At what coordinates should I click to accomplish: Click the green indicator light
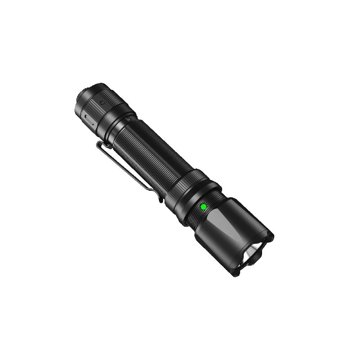(203, 207)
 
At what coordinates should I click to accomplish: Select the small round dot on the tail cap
(102, 103)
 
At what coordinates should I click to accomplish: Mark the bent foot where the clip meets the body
(161, 198)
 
